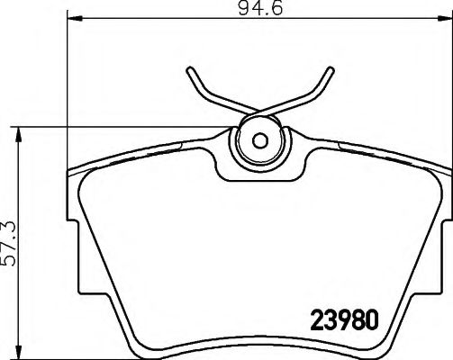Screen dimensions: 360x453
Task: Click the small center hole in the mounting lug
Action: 259,140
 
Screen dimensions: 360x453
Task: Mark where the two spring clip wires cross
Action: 259,112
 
